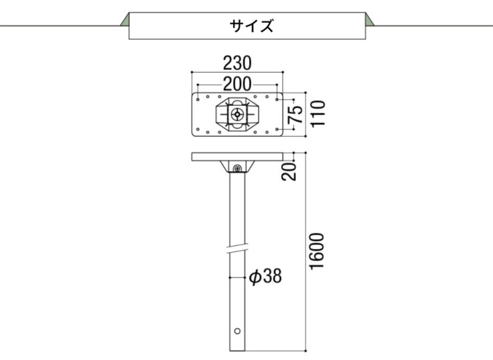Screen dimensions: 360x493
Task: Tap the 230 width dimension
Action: [237, 64]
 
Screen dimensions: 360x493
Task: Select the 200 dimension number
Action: [237, 84]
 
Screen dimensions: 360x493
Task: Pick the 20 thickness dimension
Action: [291, 171]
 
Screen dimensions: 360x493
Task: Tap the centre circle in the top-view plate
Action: [237, 114]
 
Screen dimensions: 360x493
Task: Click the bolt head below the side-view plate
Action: [237, 168]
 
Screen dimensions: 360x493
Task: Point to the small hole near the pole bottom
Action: [237, 330]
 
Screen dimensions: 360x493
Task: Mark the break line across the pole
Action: [237, 251]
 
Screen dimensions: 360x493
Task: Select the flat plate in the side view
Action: [237, 157]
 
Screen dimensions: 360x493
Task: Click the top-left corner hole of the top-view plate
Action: [198, 98]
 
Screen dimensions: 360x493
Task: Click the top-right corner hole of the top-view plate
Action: [277, 98]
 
